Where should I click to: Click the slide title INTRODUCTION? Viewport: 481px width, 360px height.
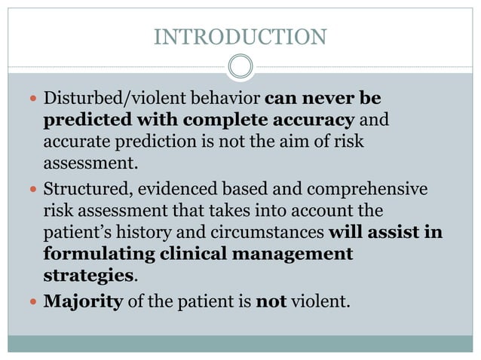point(240,36)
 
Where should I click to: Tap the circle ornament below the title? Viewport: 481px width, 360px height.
point(240,67)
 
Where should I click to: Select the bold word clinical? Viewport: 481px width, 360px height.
point(191,254)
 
